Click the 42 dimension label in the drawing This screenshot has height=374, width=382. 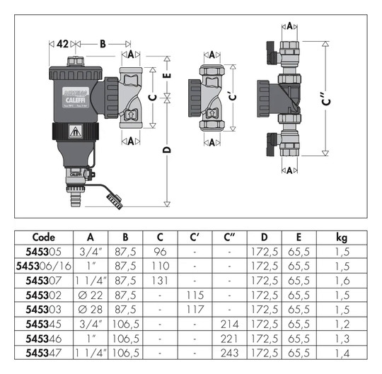(63, 44)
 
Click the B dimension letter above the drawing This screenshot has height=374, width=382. (103, 44)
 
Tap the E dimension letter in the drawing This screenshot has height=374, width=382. (167, 76)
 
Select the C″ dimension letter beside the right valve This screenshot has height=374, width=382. (326, 99)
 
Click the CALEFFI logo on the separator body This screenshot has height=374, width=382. (76, 100)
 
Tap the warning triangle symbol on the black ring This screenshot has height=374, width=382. (76, 132)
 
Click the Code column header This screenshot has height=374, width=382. (44, 237)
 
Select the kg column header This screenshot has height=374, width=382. (342, 238)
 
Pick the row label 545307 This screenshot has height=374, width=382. (44, 281)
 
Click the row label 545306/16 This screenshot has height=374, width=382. (44, 266)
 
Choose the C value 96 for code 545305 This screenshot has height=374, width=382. (160, 252)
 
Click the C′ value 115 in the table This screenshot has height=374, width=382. (195, 295)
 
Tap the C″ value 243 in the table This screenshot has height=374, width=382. (230, 353)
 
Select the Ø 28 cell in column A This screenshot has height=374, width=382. (91, 310)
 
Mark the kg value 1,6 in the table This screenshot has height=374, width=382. (342, 281)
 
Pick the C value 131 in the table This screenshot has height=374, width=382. (160, 281)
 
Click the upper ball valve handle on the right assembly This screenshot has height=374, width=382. (272, 52)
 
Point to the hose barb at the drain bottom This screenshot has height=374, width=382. (76, 199)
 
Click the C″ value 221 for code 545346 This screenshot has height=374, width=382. (229, 339)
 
